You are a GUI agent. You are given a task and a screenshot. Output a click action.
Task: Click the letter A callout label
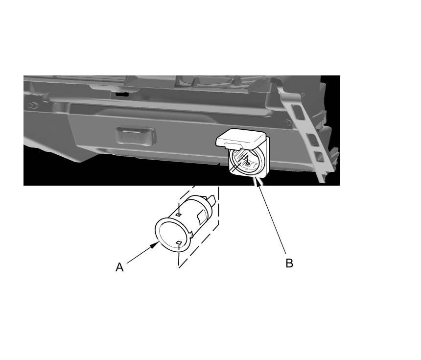click(x=119, y=267)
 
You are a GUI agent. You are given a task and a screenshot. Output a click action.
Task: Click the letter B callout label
click(x=289, y=264)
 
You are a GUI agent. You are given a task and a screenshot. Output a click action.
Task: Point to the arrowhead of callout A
click(x=155, y=245)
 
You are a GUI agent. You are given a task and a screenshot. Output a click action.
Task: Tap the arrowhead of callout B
click(x=259, y=181)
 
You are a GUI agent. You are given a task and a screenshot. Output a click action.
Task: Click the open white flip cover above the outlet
click(x=241, y=138)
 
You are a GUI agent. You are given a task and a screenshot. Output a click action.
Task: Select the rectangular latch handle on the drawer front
click(x=136, y=135)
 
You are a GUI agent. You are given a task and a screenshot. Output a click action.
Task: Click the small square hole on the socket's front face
click(x=179, y=243)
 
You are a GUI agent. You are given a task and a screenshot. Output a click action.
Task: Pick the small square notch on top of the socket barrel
click(x=178, y=215)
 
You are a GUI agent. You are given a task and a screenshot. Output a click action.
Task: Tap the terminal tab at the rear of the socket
click(x=211, y=200)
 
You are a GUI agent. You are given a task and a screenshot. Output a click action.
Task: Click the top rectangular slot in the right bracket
click(x=299, y=112)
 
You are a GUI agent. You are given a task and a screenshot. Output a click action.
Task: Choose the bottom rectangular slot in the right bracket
click(x=320, y=157)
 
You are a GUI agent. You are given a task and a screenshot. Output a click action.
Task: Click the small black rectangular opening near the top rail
click(x=122, y=94)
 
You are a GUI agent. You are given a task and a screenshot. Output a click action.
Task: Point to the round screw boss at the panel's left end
click(x=33, y=106)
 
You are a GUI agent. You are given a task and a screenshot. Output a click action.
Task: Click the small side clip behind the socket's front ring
click(x=191, y=234)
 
